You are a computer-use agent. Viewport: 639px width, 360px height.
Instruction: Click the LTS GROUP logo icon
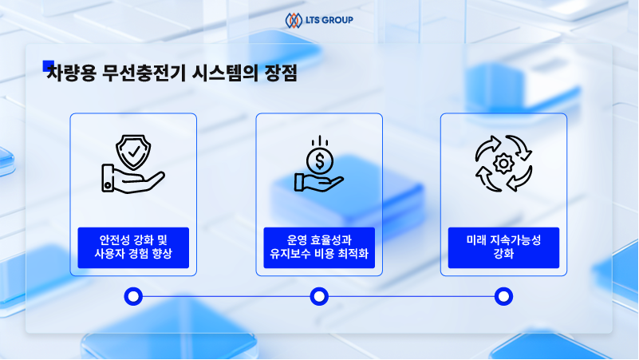[293, 19]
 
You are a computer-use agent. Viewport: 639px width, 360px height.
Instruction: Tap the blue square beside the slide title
[48, 66]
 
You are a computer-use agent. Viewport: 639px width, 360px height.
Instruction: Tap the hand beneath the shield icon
[132, 178]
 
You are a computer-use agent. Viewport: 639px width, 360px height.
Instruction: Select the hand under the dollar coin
[318, 183]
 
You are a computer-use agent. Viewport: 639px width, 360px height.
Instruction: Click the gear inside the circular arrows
[503, 164]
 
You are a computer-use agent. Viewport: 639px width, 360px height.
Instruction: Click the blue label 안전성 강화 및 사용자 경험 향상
[133, 247]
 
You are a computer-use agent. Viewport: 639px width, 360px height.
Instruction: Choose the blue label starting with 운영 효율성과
[319, 247]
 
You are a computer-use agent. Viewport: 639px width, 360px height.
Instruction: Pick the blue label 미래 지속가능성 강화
[503, 247]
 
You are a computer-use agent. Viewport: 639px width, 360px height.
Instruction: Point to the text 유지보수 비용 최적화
[319, 255]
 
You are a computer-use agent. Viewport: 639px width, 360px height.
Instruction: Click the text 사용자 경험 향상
[133, 255]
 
